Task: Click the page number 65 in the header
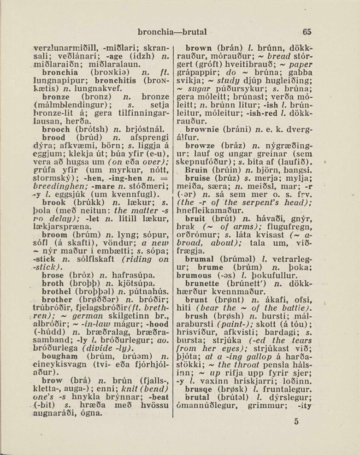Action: (x=307, y=32)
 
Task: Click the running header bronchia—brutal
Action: (x=172, y=32)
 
